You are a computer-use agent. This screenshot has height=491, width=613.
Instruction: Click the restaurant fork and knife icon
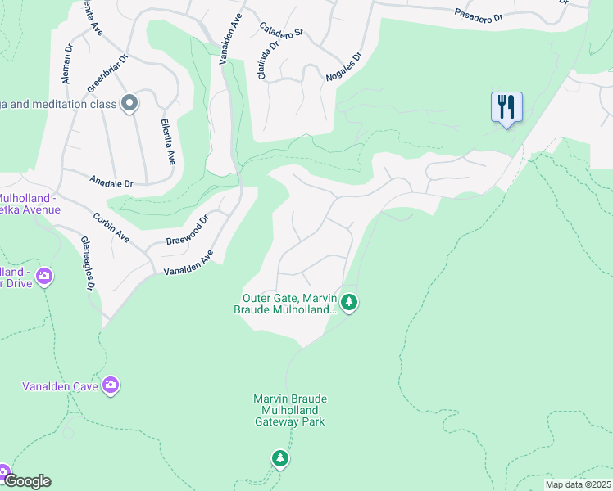(506, 107)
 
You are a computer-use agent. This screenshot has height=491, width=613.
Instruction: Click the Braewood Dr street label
(189, 230)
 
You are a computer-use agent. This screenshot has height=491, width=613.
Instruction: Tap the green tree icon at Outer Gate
(349, 303)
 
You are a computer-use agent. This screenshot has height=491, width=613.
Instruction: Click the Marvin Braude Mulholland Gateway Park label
(289, 410)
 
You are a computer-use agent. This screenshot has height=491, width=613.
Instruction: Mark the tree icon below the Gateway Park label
(280, 459)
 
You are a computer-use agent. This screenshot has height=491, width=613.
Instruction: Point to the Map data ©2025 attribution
(578, 484)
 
